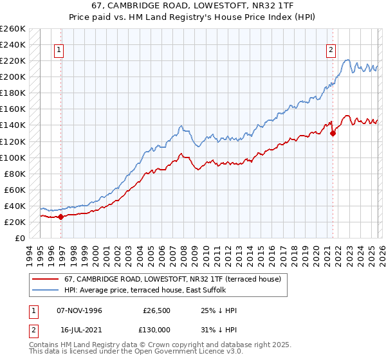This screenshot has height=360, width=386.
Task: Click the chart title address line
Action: [193, 6]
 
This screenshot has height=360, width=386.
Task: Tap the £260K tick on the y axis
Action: [13, 29]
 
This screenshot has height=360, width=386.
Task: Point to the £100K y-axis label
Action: [13, 157]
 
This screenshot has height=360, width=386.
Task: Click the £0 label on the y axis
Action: [19, 238]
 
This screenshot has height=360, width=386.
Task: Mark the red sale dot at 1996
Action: [60, 217]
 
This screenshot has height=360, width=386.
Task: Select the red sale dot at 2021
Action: [333, 134]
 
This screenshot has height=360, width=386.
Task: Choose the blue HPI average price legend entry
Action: [154, 291]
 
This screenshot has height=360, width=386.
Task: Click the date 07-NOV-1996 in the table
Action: [79, 310]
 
